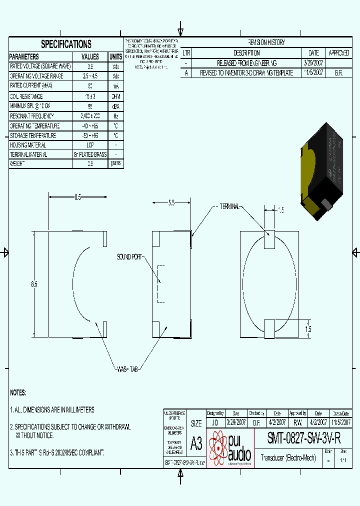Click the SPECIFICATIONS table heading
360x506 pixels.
point(66,44)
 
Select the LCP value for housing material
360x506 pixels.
point(90,144)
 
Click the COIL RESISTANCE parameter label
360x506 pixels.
point(26,96)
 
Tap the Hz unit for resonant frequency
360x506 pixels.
point(115,115)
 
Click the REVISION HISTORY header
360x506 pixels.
point(267,43)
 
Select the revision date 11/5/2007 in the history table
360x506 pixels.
point(313,72)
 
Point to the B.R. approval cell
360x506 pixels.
point(338,72)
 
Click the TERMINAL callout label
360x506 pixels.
point(228,206)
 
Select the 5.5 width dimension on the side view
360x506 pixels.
point(171,203)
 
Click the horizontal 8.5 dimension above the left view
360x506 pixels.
point(78,197)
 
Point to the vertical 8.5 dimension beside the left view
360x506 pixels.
point(34,284)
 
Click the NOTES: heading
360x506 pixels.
point(18,393)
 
